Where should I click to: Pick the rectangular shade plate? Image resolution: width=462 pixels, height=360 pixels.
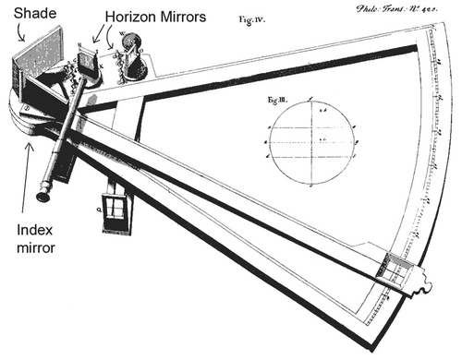tap(34, 57)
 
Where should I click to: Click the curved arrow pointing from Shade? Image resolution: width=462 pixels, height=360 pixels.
tap(21, 35)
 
